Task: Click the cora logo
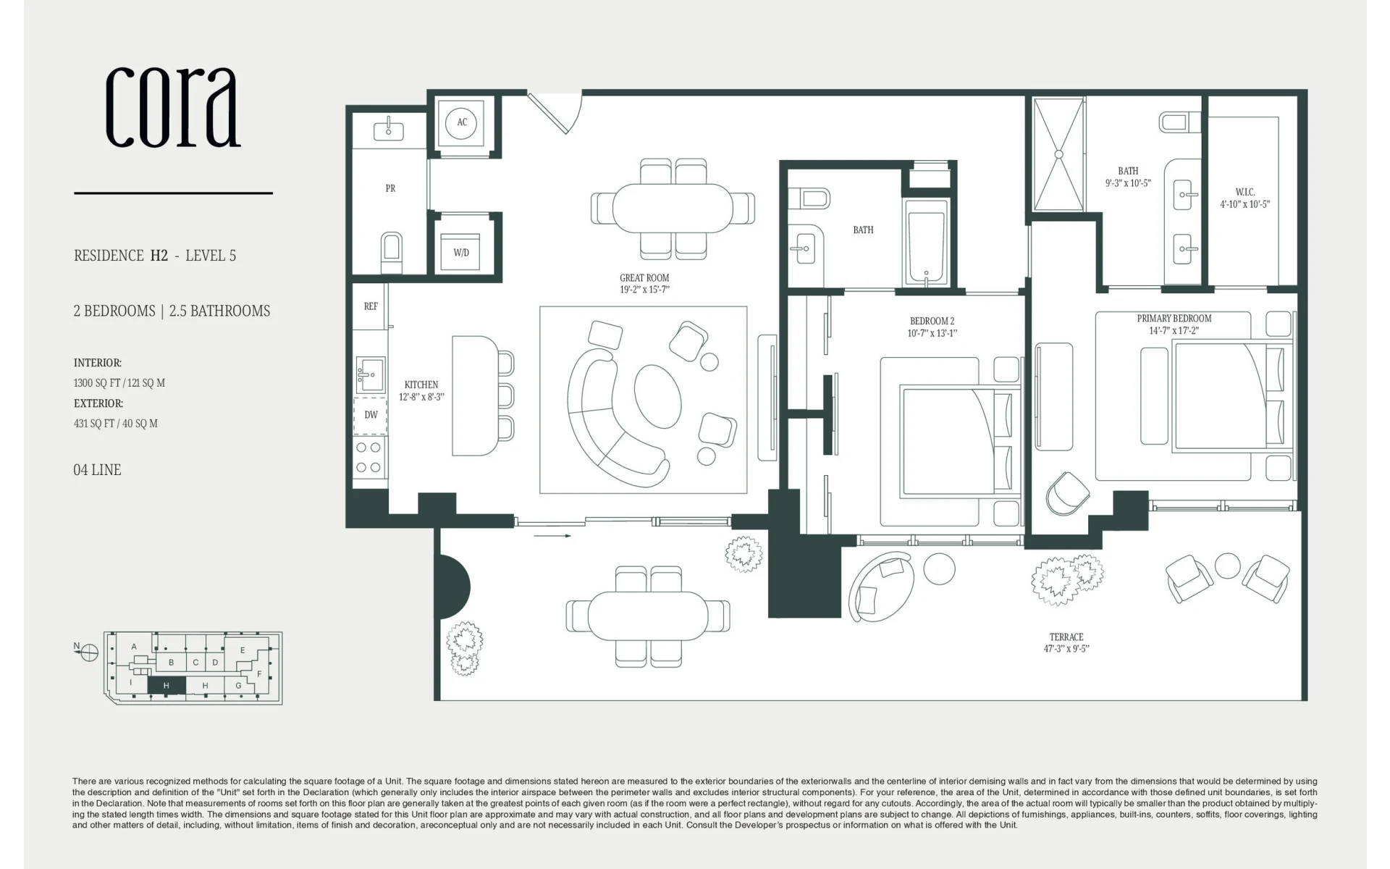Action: (x=173, y=107)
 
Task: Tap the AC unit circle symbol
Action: (x=462, y=122)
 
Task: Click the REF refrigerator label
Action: (x=371, y=306)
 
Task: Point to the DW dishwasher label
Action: (x=371, y=415)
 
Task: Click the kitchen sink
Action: (x=370, y=374)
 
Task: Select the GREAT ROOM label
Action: (x=644, y=278)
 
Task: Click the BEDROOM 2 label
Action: (x=932, y=322)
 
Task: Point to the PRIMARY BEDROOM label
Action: (x=1174, y=319)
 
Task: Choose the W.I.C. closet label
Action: (x=1245, y=192)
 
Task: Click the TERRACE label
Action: (x=1066, y=637)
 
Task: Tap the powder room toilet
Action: (x=392, y=250)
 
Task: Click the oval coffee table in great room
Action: (x=658, y=397)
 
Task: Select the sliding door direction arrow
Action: (x=552, y=536)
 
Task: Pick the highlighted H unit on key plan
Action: (x=167, y=685)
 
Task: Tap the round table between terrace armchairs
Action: (x=1227, y=566)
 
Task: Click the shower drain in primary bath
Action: (x=1058, y=154)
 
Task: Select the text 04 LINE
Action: (x=97, y=470)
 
